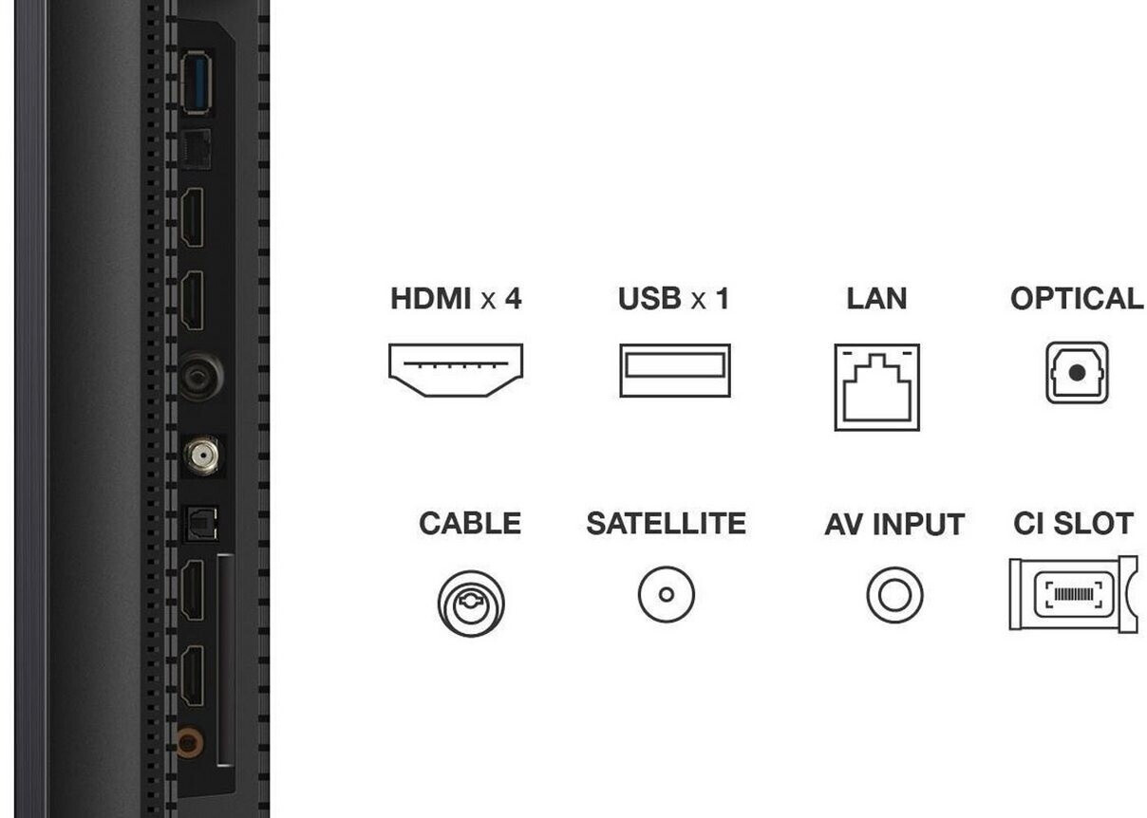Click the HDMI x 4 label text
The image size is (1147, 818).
tap(456, 299)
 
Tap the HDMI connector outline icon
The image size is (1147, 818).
tap(456, 369)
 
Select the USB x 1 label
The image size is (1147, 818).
tap(673, 299)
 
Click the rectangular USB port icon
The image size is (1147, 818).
tap(674, 369)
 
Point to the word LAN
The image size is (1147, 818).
tap(876, 299)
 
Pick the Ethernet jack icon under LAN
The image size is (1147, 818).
tap(876, 386)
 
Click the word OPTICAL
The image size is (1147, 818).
tap(1077, 299)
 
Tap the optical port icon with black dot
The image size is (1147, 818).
tap(1077, 372)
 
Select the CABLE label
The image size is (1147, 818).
tap(470, 523)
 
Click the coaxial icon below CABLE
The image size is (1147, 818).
tap(471, 603)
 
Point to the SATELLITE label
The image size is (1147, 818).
tap(666, 523)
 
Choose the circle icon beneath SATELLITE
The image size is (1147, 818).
tap(666, 595)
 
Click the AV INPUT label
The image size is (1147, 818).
tap(893, 524)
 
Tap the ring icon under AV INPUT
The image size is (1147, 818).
tap(894, 595)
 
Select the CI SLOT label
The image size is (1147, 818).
tap(1073, 523)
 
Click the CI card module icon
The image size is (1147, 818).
tap(1073, 595)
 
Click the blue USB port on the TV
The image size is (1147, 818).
tap(196, 84)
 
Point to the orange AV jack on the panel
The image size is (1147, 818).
tap(190, 740)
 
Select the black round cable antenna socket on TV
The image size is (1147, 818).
tap(201, 376)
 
